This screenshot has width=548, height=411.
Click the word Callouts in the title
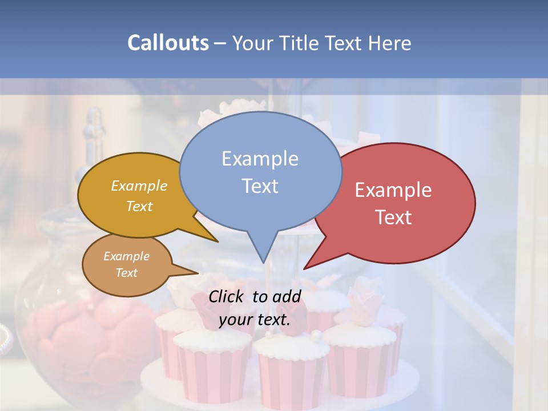(168, 43)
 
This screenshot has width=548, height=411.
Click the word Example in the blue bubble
(260, 158)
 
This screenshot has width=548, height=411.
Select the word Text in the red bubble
(393, 217)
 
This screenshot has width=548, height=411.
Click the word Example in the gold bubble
(139, 186)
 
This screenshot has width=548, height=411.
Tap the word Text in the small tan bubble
(127, 273)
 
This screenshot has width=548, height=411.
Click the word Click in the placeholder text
(227, 296)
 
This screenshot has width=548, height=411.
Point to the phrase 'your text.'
(255, 319)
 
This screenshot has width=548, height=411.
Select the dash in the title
(220, 43)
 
